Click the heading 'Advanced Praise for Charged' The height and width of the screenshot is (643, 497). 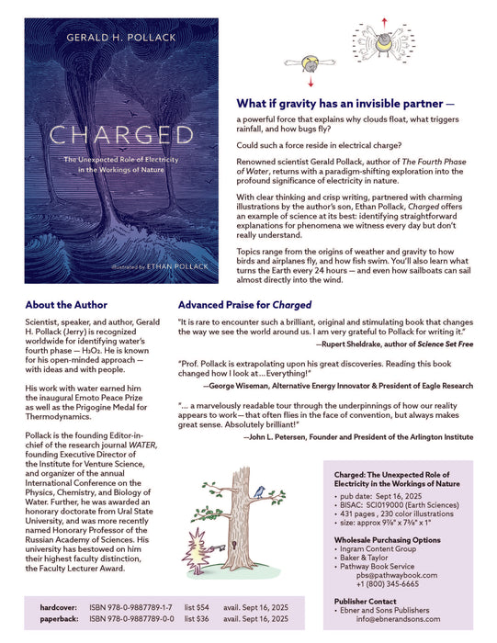pyautogui.click(x=244, y=304)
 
